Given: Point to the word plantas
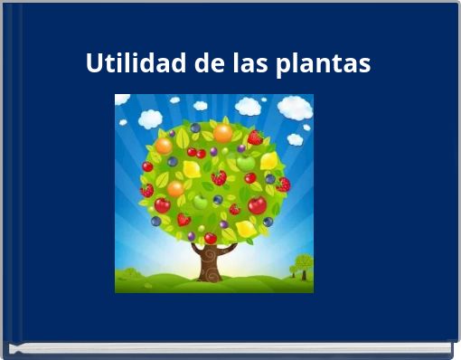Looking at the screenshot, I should [x=325, y=65].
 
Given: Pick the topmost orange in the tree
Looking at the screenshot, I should [x=222, y=133].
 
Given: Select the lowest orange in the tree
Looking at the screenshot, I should [x=175, y=189].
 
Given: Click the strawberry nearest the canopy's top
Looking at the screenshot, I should [x=255, y=137].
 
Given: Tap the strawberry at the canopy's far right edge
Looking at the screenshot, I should [x=284, y=184].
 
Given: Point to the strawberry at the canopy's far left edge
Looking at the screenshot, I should [x=146, y=191].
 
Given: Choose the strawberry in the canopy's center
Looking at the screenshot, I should [x=219, y=178].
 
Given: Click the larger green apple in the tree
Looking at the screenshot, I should [x=245, y=163].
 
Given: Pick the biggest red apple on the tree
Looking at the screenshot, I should [x=258, y=205].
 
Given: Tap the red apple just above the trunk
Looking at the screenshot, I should [x=210, y=238].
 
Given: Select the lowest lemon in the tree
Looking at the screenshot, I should [x=247, y=229].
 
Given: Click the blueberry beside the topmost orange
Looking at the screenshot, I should [x=195, y=128].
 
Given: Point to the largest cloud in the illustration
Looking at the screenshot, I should [x=295, y=108].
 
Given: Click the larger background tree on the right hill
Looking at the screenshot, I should [x=303, y=263].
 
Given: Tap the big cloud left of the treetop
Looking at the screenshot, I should [x=149, y=118].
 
